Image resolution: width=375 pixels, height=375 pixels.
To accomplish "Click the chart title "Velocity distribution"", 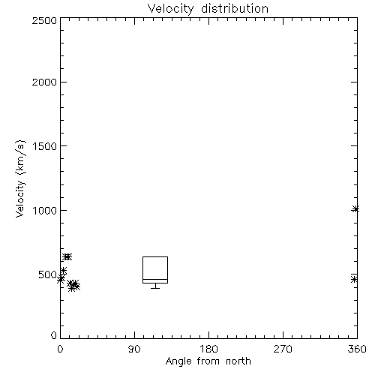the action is point(208,9).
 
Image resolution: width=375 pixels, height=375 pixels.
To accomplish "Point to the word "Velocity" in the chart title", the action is point(170,9).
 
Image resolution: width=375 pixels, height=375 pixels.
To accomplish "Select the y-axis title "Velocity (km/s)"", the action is point(20,178).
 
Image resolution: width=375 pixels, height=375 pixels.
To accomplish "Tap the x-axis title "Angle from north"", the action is point(208,361).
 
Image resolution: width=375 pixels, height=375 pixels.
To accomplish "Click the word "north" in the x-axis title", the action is point(238,361).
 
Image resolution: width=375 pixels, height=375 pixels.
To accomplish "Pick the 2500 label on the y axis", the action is point(44,20).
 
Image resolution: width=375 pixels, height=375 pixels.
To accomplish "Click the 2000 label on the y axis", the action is point(44,82).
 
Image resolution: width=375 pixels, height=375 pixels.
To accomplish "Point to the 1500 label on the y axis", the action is point(45,146).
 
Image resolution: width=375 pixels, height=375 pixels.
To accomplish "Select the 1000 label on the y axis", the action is point(45,210).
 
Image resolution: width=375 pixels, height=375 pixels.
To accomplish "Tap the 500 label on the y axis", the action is point(48,274).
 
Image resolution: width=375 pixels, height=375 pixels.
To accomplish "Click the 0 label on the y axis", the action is point(54,335).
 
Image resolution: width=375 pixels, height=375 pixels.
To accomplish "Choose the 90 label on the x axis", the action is point(134,349).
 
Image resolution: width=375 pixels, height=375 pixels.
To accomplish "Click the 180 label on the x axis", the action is point(208,349).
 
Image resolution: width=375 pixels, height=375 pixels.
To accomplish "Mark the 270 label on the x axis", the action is point(283,349).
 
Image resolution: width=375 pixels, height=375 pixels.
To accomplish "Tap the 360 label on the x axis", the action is point(357,349).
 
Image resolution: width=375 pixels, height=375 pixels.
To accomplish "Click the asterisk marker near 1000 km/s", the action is point(355,209).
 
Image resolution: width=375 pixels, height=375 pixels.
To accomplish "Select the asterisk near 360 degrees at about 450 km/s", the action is point(354,279).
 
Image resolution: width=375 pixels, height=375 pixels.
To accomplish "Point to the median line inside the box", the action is point(155,279).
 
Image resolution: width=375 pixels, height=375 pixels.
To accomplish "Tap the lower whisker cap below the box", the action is point(155,288).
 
